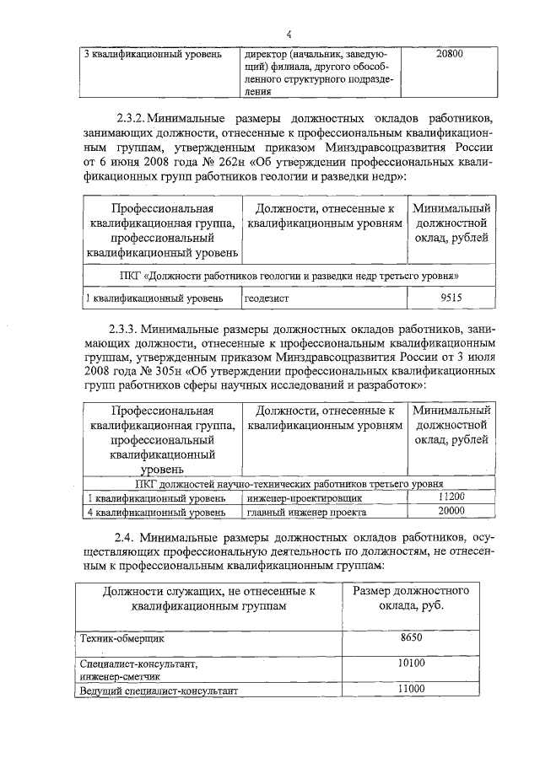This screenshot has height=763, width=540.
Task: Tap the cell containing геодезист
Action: point(266,298)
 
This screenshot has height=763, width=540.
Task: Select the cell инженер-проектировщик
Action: point(291,498)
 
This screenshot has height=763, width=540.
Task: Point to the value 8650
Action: point(410,637)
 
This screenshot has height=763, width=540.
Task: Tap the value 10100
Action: point(411,664)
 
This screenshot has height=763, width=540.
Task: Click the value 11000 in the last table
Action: point(411,690)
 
